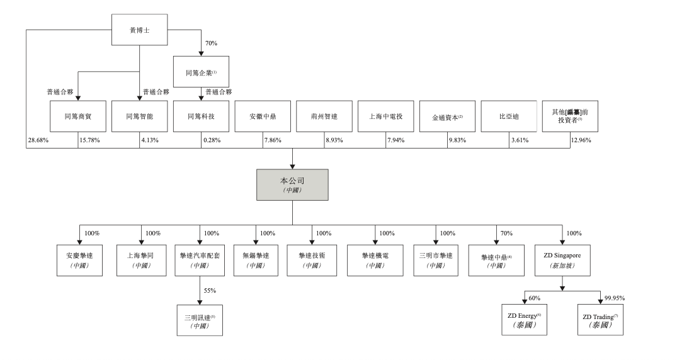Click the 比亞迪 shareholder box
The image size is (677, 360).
tap(508, 116)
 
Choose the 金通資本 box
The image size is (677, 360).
tap(447, 116)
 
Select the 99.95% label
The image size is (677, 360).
tap(615, 296)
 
